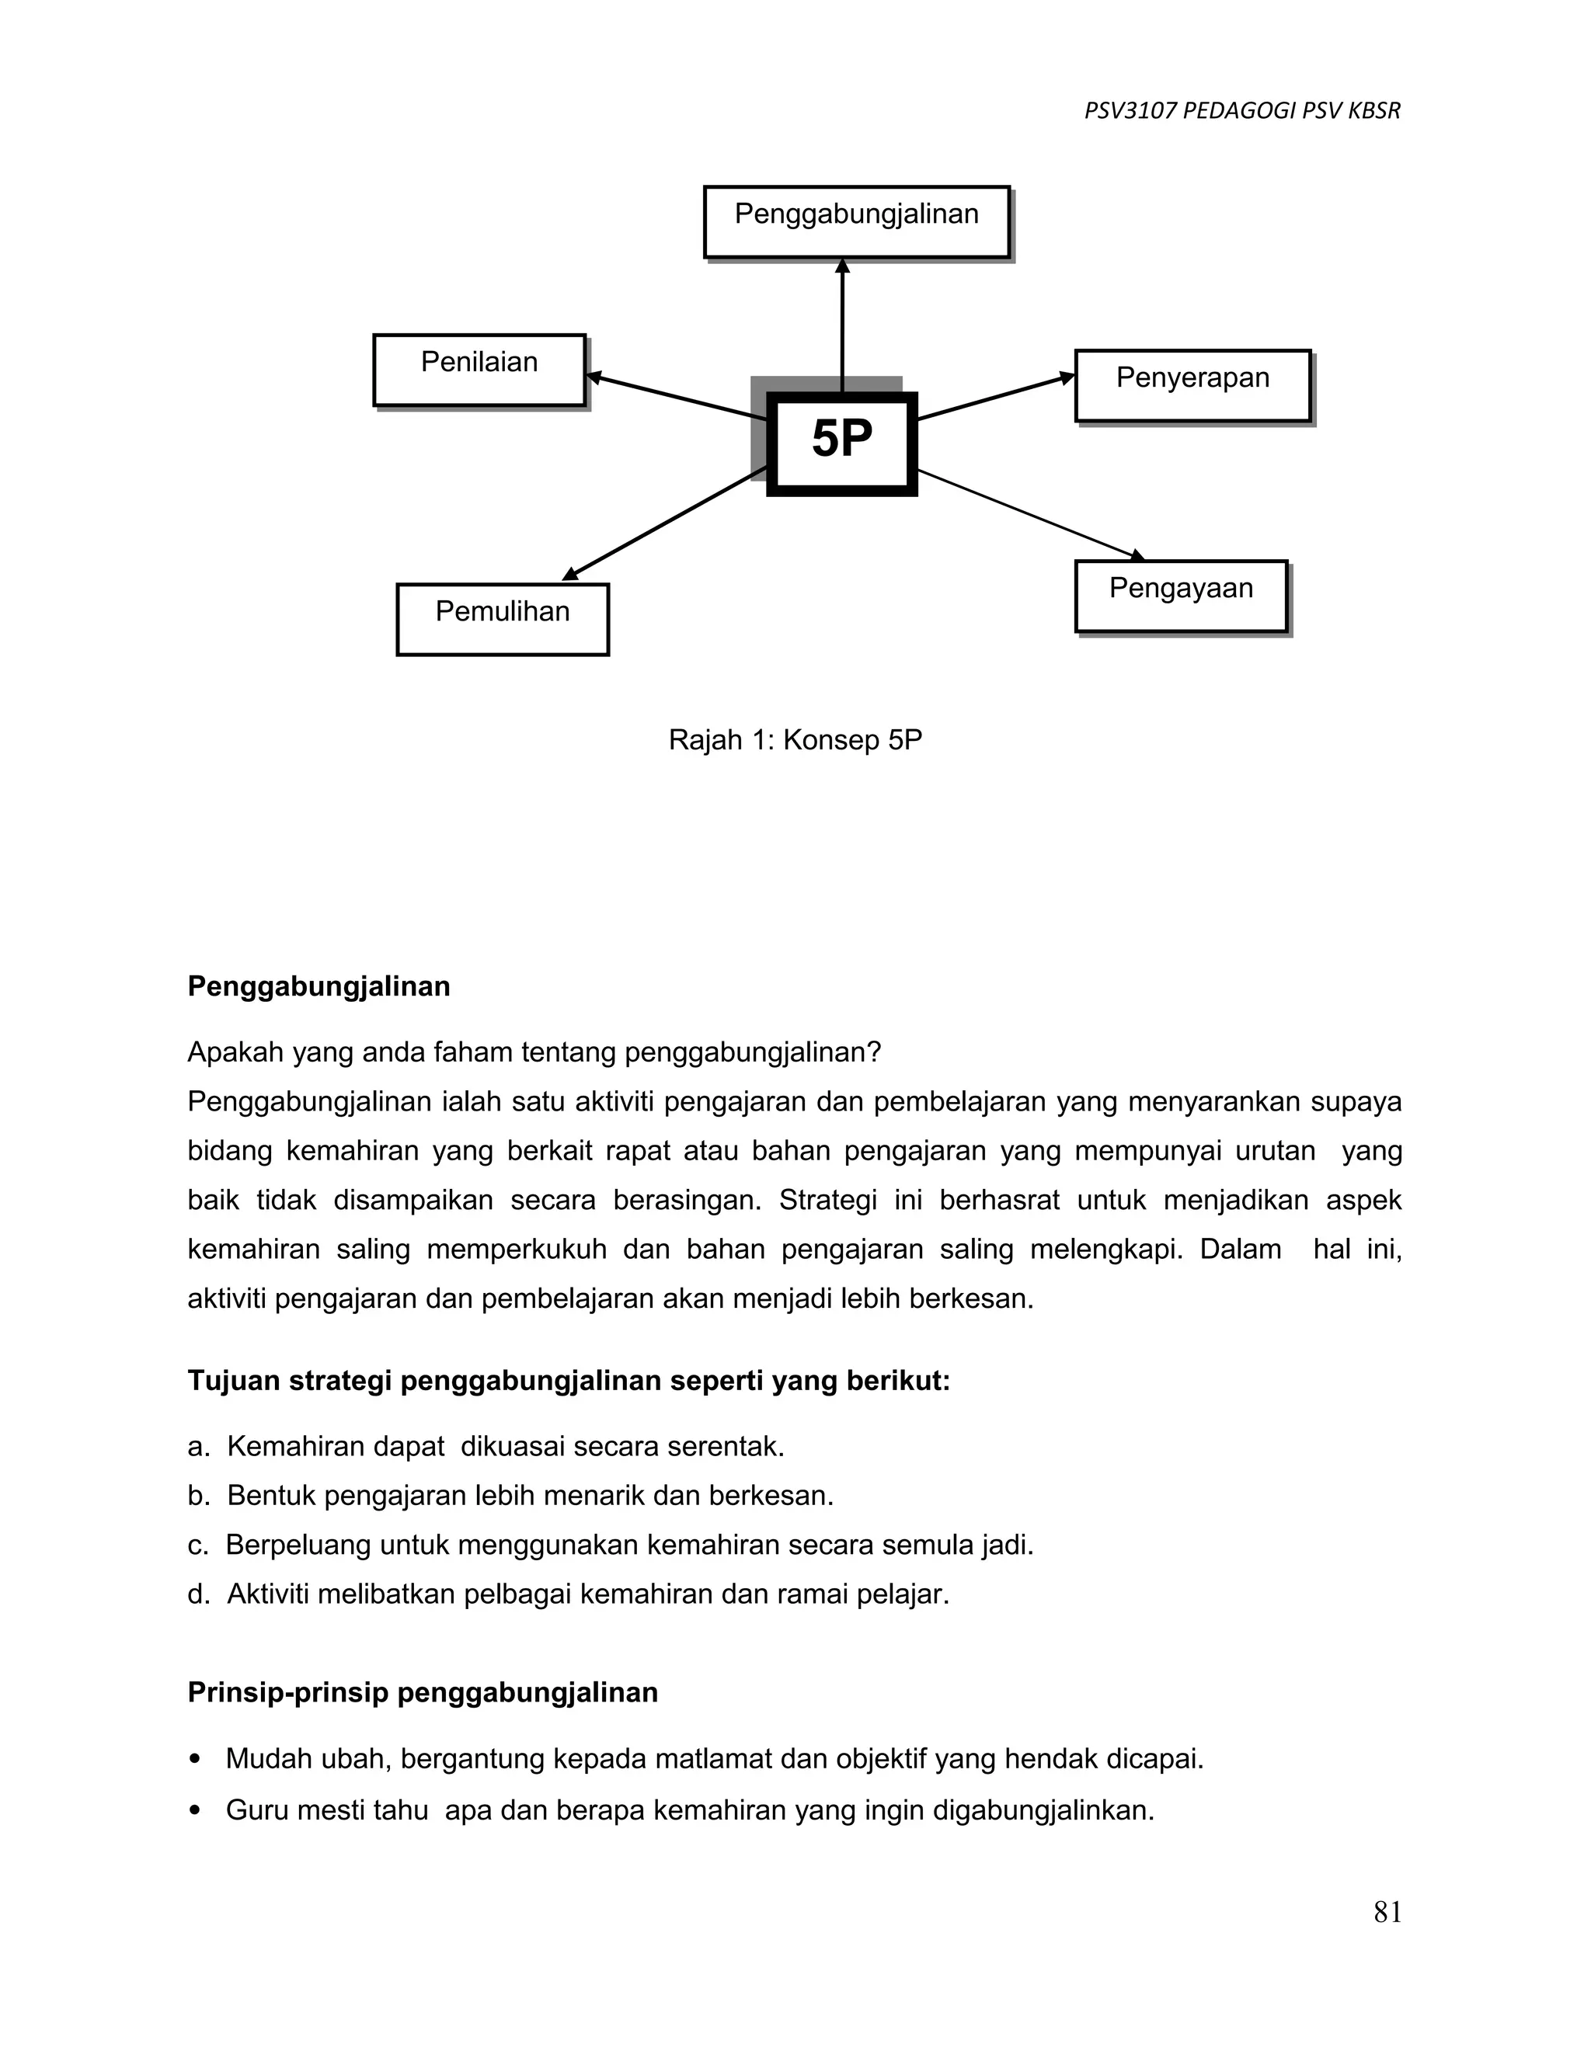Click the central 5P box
pyautogui.click(x=841, y=443)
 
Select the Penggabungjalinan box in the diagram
pyautogui.click(x=856, y=221)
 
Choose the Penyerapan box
pyautogui.click(x=1192, y=385)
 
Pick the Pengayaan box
pyautogui.click(x=1180, y=596)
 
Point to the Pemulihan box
pyautogui.click(x=503, y=619)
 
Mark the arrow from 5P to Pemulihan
pyautogui.click(x=664, y=523)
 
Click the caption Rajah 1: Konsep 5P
pyautogui.click(x=795, y=739)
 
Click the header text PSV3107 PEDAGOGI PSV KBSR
pyautogui.click(x=1241, y=111)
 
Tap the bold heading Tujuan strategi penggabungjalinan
pyautogui.click(x=569, y=1381)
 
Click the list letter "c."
pyautogui.click(x=197, y=1545)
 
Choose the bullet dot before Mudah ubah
pyautogui.click(x=195, y=1758)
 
